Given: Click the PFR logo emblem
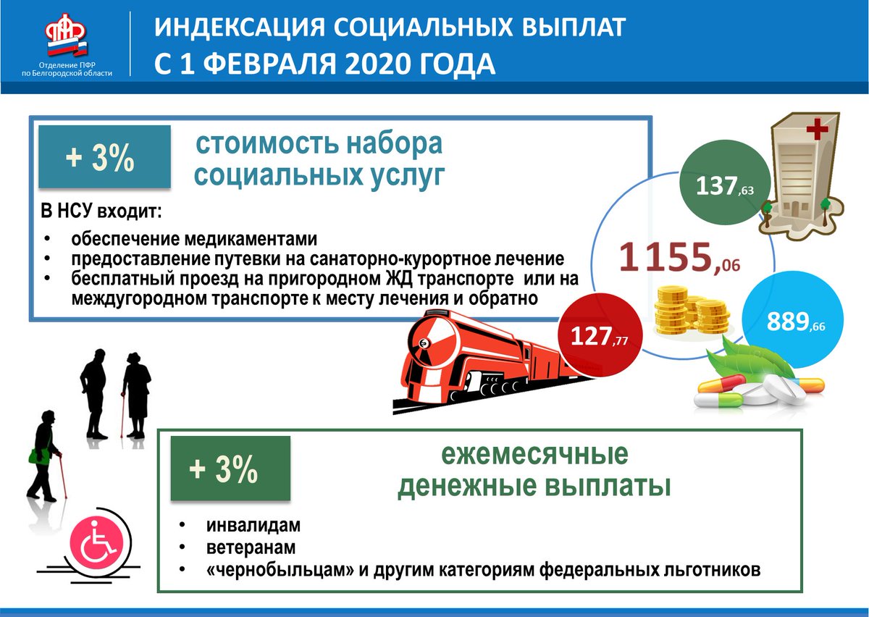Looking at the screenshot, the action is point(67,34).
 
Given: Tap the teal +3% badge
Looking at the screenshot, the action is point(104,156).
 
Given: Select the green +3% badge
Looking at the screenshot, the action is point(230,468).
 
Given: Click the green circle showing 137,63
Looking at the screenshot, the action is point(725,182).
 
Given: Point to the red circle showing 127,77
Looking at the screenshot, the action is point(600,336).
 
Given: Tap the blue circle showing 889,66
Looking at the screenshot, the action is point(793,320).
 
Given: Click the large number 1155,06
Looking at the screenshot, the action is point(679,258).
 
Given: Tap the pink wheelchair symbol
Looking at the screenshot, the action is point(98,542).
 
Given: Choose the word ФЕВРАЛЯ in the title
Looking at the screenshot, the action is point(269,64).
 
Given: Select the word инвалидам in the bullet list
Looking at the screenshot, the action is point(253,526).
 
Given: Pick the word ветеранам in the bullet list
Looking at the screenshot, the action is point(251,547).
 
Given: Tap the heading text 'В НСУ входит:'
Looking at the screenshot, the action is point(101,212).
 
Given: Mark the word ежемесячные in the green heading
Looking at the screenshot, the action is point(535,454).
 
